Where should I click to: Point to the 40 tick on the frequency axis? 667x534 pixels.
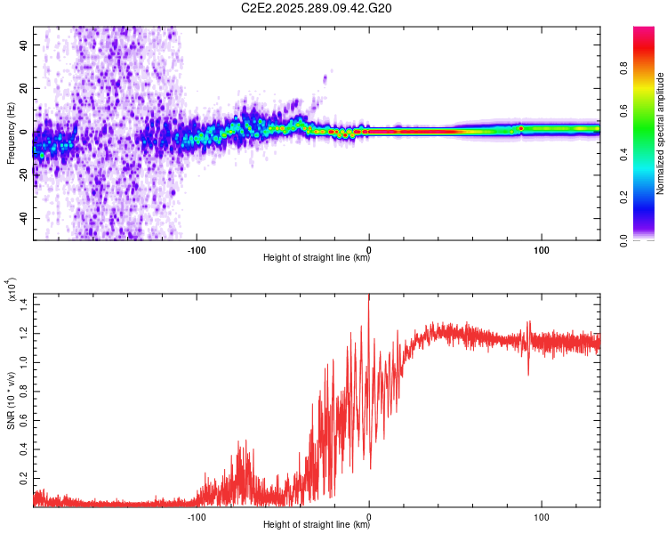coord(25,44)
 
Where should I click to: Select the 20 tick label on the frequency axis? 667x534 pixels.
coord(25,88)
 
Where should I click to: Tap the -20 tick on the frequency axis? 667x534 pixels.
coord(23,175)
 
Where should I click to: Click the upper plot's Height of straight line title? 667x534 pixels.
coord(317,258)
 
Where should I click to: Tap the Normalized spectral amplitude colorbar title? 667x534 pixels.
coord(661,133)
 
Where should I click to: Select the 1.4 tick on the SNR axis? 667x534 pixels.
coord(24,304)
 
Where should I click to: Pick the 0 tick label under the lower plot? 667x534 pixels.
coord(369,515)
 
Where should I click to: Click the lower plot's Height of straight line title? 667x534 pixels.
coord(317,525)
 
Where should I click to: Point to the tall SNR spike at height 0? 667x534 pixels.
coord(369,298)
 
